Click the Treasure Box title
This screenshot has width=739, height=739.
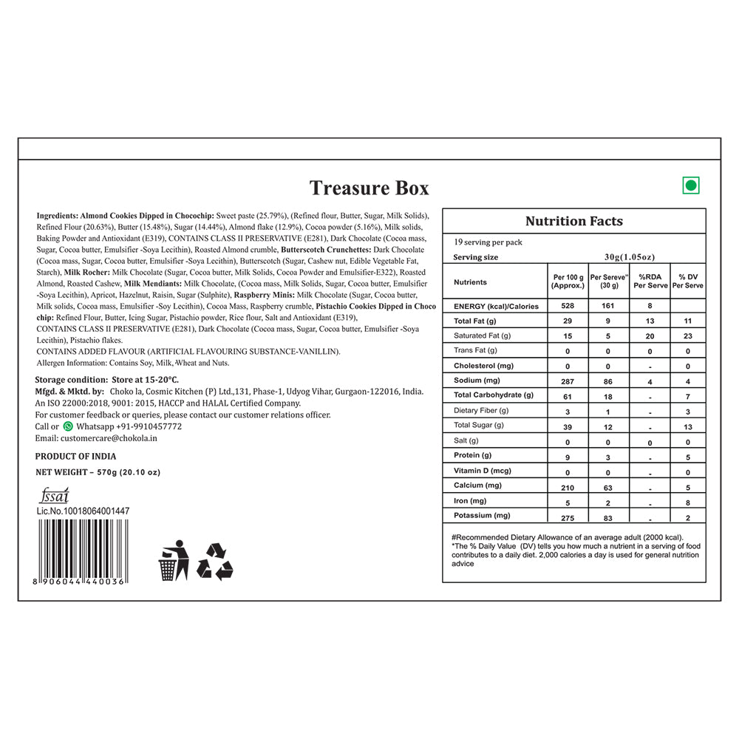click(x=369, y=188)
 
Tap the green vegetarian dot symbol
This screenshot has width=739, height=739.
click(x=691, y=185)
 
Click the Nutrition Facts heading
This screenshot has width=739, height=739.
click(x=573, y=221)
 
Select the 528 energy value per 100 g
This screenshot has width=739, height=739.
click(x=568, y=306)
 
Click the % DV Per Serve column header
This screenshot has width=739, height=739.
click(x=687, y=282)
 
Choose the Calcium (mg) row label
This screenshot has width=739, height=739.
click(x=478, y=486)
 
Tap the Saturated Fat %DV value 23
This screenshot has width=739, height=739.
click(x=687, y=336)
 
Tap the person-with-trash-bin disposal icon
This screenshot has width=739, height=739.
click(x=174, y=559)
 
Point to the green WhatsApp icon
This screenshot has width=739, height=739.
click(x=68, y=426)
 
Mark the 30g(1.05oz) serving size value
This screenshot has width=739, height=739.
click(x=629, y=257)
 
